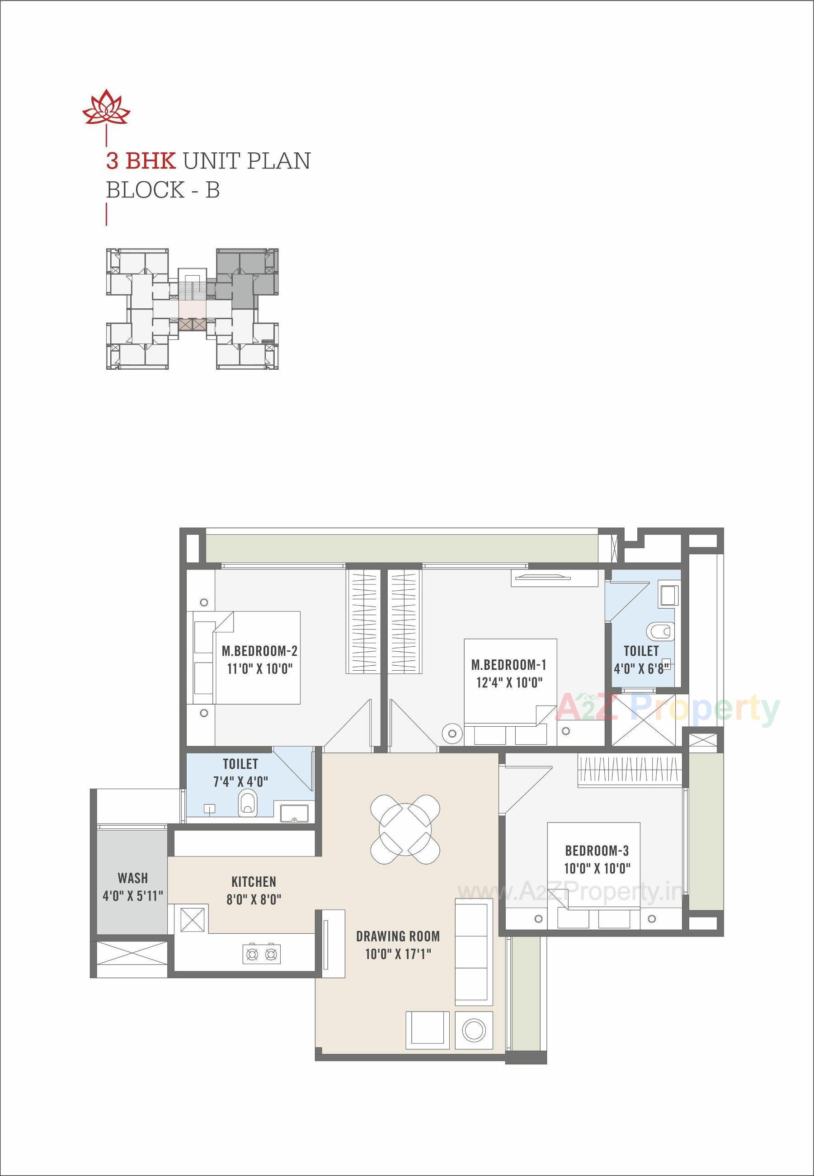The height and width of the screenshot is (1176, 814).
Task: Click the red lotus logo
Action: (x=107, y=108)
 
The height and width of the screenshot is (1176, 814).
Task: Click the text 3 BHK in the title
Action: (x=141, y=161)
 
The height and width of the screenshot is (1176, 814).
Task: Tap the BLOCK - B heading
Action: (x=163, y=190)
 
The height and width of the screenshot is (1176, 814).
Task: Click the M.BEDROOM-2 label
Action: (x=259, y=651)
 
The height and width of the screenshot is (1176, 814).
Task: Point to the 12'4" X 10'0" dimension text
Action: (x=508, y=682)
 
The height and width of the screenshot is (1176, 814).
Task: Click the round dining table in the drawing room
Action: (x=405, y=829)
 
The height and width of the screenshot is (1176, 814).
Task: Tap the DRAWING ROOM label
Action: (x=398, y=936)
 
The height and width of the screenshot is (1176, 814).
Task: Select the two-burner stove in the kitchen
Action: (x=262, y=953)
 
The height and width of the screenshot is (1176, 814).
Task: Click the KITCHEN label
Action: (x=254, y=882)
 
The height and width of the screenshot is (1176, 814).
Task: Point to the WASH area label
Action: (x=132, y=878)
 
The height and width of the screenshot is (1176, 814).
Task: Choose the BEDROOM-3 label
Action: (x=597, y=850)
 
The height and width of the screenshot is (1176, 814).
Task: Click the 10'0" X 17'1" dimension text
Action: (x=398, y=954)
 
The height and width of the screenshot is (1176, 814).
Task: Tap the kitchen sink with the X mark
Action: (x=192, y=919)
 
